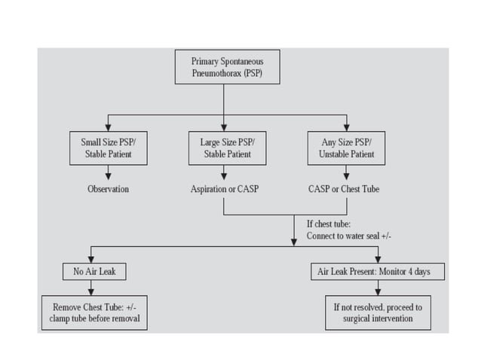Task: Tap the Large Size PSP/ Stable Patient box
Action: [225, 148]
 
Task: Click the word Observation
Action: [108, 189]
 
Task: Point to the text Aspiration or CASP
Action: [225, 189]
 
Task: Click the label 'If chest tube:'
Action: [329, 224]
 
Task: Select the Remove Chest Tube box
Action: [90, 313]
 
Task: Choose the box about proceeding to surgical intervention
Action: [372, 313]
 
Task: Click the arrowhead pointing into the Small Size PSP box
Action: [108, 127]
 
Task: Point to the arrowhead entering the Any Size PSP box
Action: [346, 127]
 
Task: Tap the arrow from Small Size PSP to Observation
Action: [108, 172]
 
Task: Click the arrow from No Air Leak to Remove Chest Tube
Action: [90, 288]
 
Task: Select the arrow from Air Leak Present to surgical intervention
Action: [378, 288]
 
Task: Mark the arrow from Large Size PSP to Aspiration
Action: [225, 172]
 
